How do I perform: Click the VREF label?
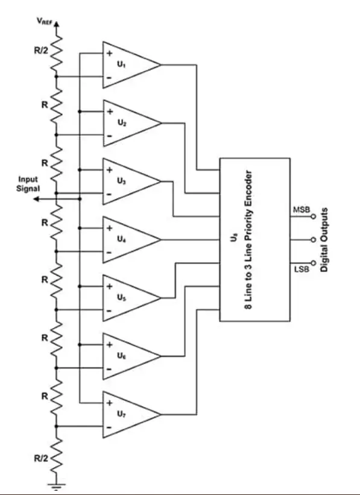click(44, 21)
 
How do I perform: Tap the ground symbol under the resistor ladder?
click(57, 485)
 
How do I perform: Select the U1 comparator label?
click(122, 64)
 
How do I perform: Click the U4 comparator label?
click(122, 239)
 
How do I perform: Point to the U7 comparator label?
click(122, 414)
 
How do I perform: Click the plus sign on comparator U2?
click(110, 112)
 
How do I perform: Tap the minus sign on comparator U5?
click(109, 311)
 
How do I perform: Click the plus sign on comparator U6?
click(110, 344)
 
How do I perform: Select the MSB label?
click(302, 210)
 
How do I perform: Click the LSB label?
click(302, 270)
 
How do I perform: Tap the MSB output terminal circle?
click(313, 216)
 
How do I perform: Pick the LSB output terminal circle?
click(313, 263)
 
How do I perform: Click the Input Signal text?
click(28, 184)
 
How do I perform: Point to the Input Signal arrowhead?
click(36, 199)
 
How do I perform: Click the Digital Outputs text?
click(324, 239)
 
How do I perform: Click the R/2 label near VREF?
click(42, 51)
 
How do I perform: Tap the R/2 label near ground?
click(42, 458)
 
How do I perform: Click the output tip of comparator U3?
click(161, 181)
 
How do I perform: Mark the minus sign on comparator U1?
click(109, 78)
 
